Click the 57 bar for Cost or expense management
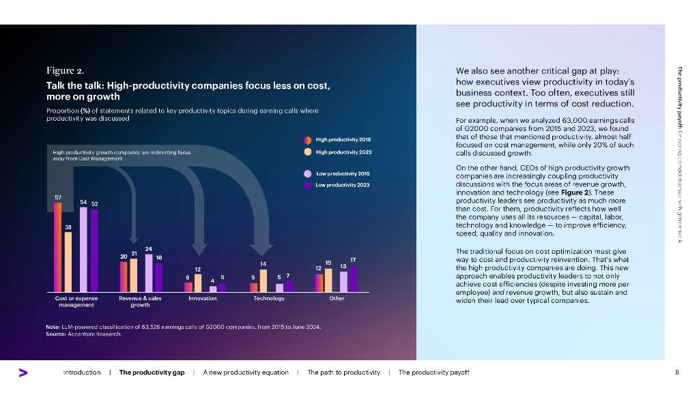(x=58, y=247)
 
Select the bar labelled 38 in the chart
(x=68, y=262)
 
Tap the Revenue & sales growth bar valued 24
(x=149, y=272)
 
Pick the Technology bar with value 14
(x=263, y=280)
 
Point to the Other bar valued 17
(x=353, y=278)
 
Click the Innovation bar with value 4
(x=213, y=289)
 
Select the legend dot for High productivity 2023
(x=308, y=152)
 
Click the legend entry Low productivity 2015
(x=343, y=173)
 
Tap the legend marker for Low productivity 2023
(x=308, y=185)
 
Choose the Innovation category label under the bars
(x=202, y=298)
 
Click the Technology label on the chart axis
(x=269, y=298)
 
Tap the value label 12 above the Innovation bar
(x=197, y=270)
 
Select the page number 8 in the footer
(x=676, y=373)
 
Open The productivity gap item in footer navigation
(x=152, y=373)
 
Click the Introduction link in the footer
(x=82, y=373)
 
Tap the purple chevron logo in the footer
(x=23, y=373)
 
